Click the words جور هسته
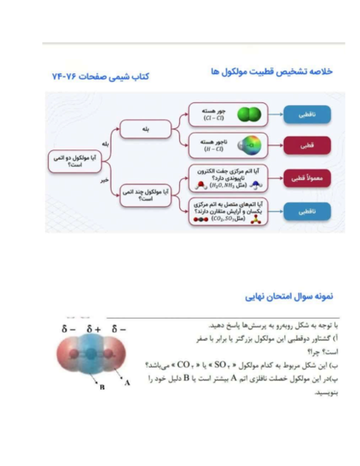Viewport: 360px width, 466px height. point(216,110)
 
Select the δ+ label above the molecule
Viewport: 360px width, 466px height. point(94,330)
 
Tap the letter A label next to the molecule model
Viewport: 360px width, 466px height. point(128,381)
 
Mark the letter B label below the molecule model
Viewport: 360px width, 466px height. point(102,389)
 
